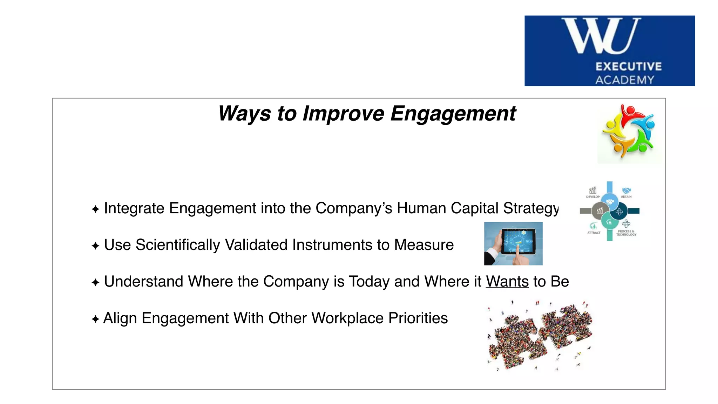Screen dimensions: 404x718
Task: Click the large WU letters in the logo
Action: click(x=601, y=36)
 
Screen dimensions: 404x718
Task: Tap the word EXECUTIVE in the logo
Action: click(x=629, y=66)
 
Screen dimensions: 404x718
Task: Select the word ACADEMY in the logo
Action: click(x=625, y=80)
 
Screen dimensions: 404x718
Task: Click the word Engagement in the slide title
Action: click(x=453, y=114)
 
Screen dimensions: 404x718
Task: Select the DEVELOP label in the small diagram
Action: click(x=593, y=197)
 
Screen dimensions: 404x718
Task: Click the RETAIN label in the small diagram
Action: click(x=626, y=197)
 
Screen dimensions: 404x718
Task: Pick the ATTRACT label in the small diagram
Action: click(x=594, y=233)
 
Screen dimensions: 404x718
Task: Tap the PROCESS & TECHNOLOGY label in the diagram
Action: click(x=626, y=233)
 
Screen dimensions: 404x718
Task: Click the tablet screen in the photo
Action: click(x=518, y=241)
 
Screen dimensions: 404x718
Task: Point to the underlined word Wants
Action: click(x=507, y=282)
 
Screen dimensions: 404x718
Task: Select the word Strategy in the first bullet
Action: click(x=531, y=208)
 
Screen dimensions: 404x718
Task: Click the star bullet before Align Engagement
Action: click(x=95, y=319)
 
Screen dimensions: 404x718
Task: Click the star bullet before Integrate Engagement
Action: click(x=95, y=209)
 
